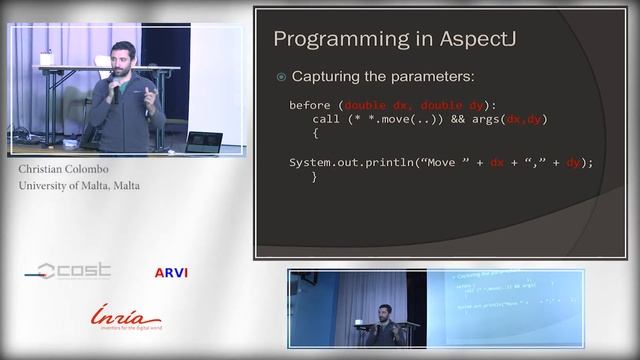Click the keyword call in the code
click(x=327, y=119)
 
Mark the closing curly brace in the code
click(x=315, y=176)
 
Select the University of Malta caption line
click(x=79, y=185)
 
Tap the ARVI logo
click(x=171, y=272)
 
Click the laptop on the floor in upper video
click(x=203, y=141)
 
